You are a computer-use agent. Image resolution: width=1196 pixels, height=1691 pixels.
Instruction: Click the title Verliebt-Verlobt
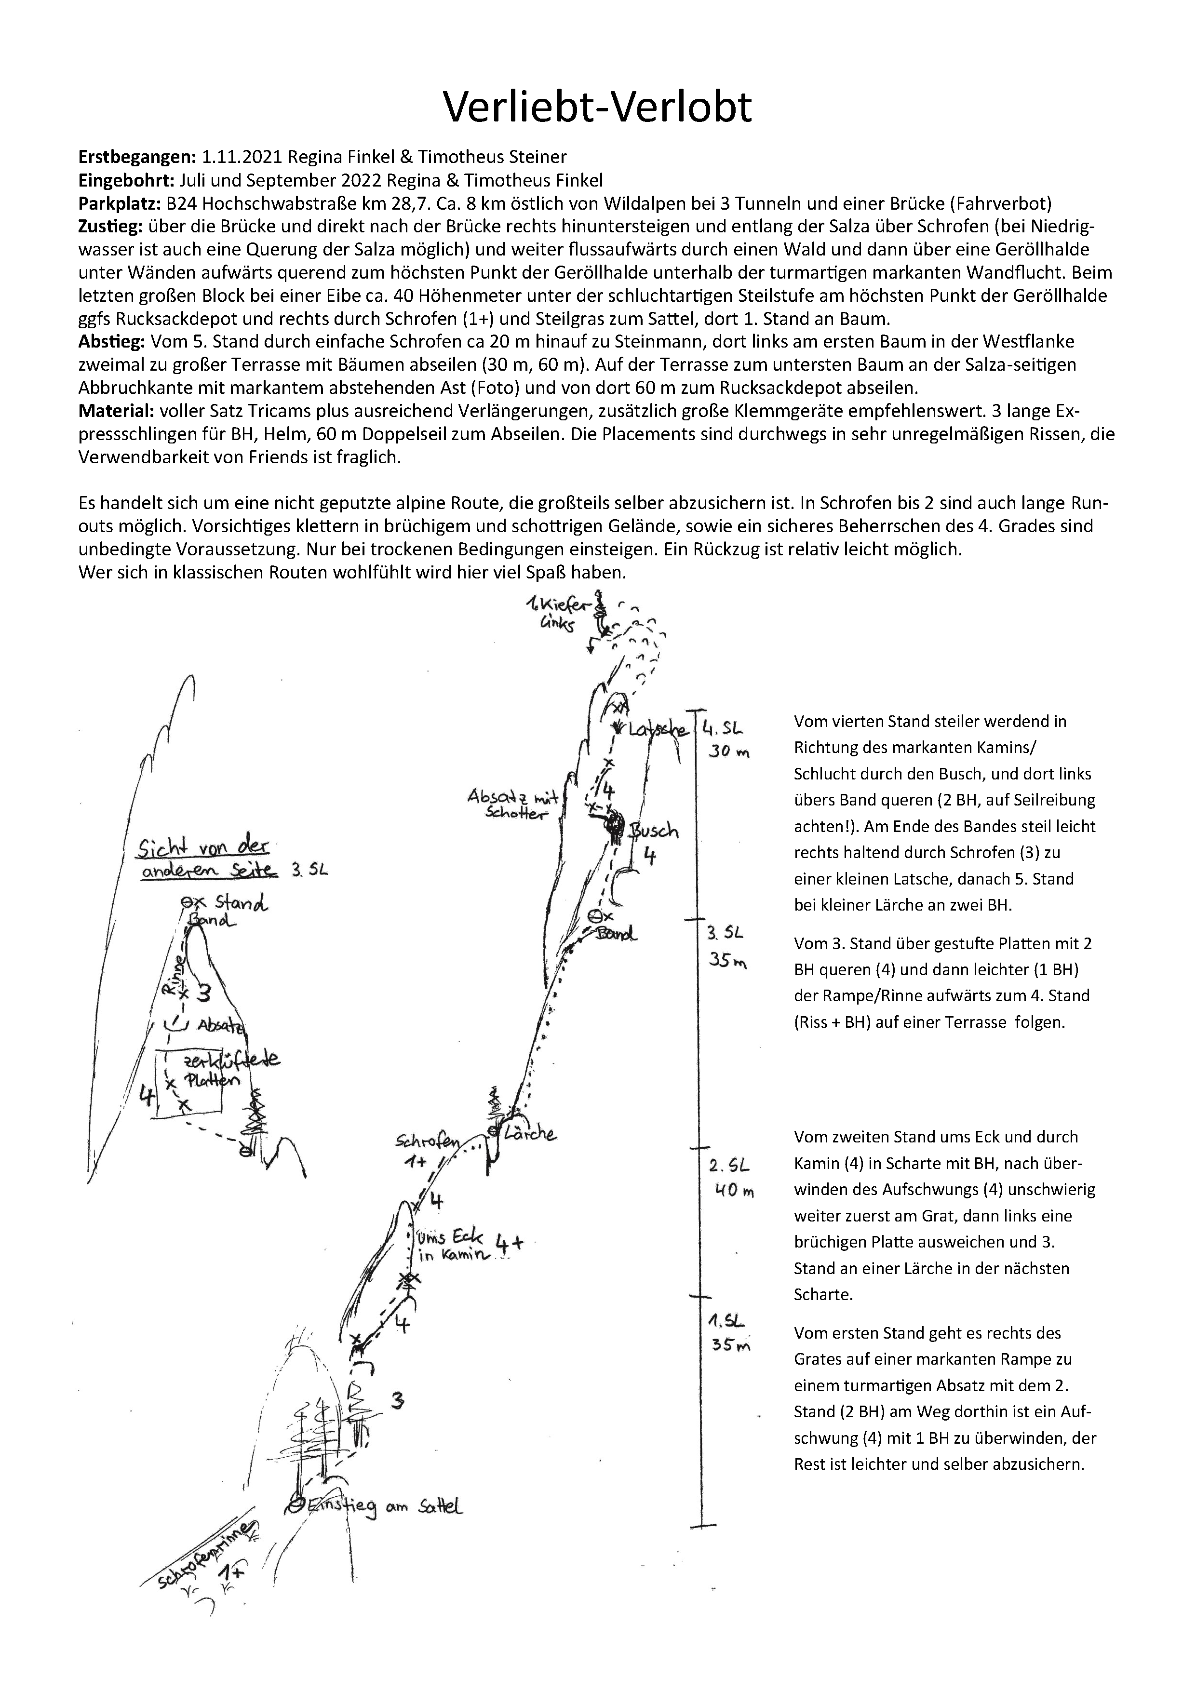597,107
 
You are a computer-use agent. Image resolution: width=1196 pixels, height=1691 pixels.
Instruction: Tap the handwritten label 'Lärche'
530,1133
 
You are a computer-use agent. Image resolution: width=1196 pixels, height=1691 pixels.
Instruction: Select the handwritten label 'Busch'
654,831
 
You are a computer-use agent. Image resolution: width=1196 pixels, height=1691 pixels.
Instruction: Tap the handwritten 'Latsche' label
657,730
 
